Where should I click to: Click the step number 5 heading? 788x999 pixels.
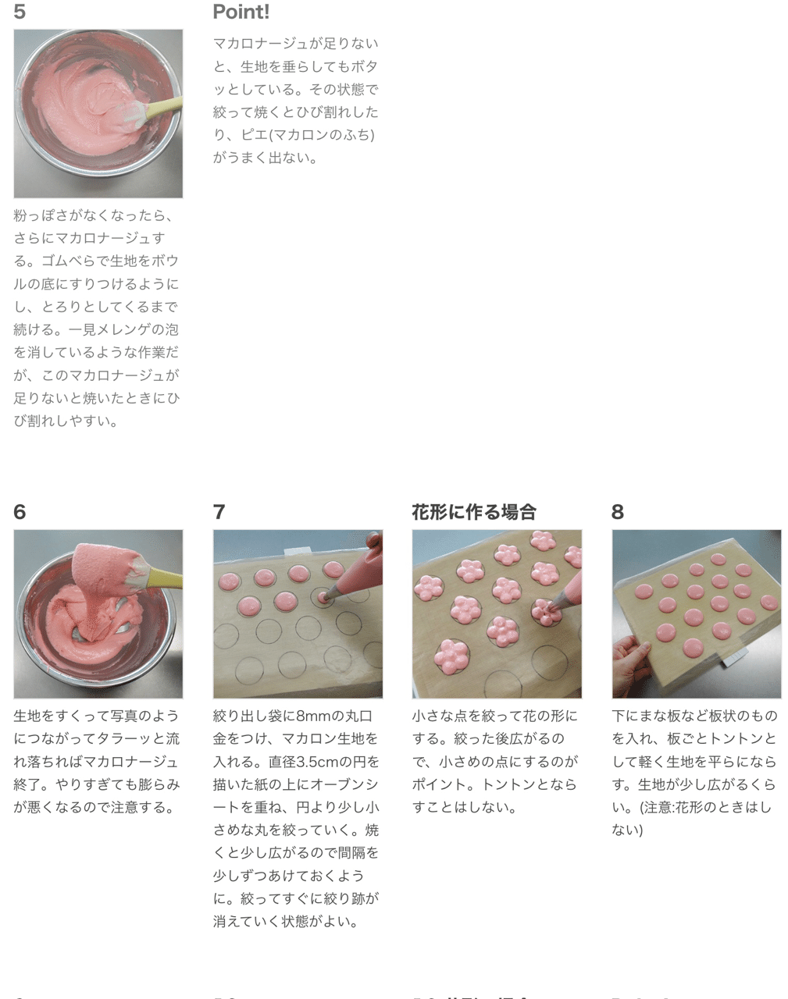coord(20,12)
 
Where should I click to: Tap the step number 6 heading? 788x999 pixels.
coord(20,512)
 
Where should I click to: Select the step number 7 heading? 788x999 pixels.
coord(219,512)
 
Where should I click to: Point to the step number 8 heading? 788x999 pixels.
coord(618,512)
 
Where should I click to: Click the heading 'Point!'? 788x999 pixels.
coord(241,12)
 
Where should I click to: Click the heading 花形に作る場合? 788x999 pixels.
coord(474,512)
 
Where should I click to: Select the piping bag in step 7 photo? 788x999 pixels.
coord(355,570)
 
